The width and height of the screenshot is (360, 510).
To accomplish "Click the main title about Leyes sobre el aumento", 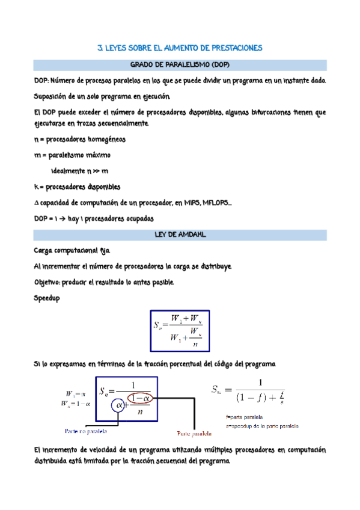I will pos(180,48).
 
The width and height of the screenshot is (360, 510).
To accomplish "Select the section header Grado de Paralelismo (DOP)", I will pos(180,65).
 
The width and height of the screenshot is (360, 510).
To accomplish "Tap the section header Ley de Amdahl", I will pos(180,235).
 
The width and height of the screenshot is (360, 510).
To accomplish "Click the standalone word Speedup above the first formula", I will pos(47,298).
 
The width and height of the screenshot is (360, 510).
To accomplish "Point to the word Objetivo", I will pos(49,282).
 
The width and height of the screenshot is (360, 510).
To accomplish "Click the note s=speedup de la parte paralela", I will pos(261,425).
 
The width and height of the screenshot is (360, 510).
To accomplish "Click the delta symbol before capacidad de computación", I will pos(36,203).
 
